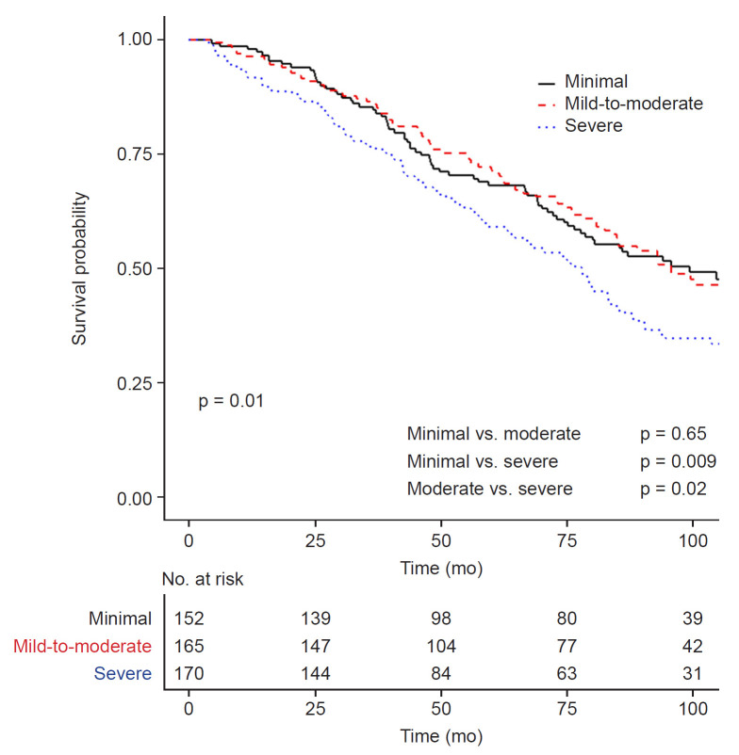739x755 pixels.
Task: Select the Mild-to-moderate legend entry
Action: [633, 103]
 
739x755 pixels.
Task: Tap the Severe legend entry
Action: [593, 125]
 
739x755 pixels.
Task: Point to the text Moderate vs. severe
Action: [489, 489]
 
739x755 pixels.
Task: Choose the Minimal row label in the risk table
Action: [122, 618]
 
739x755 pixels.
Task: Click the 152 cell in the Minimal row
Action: [189, 618]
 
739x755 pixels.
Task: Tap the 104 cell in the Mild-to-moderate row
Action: [441, 646]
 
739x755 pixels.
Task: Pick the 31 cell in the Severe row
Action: [693, 673]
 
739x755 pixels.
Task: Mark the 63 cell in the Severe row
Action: [567, 673]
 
